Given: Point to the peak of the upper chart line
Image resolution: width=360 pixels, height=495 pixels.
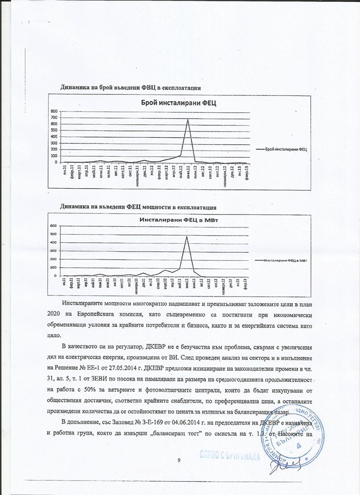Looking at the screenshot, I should [188, 120].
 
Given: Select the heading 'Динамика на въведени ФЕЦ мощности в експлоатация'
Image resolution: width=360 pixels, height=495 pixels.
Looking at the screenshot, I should [138, 207].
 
